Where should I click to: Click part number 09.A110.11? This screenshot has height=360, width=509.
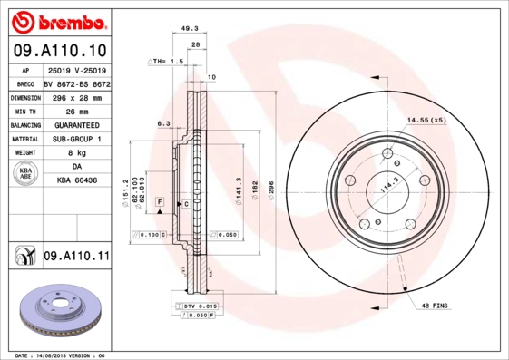tap(75, 257)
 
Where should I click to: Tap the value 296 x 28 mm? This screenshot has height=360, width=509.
tap(77, 96)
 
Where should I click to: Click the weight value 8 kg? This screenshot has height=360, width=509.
tap(77, 153)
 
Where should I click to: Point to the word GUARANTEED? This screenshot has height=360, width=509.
tap(77, 124)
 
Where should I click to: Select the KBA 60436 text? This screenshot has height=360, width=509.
tap(77, 182)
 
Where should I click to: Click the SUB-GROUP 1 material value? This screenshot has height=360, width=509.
tap(77, 139)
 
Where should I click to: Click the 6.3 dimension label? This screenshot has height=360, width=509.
tap(164, 123)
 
